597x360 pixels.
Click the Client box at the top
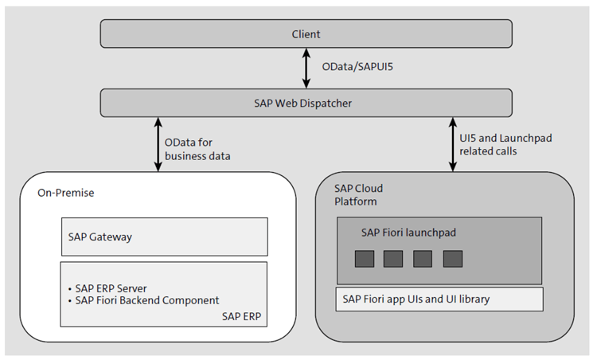[306, 34]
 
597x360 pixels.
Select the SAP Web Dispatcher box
[306, 102]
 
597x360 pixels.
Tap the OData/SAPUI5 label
[353, 69]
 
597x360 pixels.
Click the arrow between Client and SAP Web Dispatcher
[306, 68]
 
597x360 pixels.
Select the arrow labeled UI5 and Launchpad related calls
[453, 143]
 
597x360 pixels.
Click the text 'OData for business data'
[197, 149]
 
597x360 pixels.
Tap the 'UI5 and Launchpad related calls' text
[505, 143]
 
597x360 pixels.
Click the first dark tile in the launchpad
[365, 259]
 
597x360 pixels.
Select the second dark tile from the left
[393, 259]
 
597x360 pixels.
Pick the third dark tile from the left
[423, 259]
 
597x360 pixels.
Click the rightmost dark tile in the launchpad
[452, 259]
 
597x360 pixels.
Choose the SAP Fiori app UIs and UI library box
[439, 299]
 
